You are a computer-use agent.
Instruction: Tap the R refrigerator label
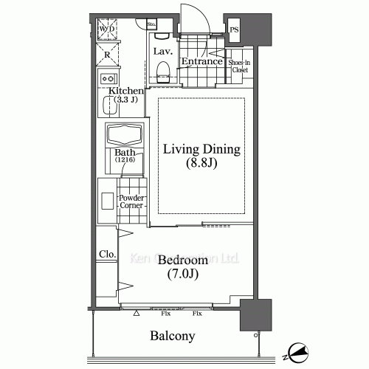tap(108, 55)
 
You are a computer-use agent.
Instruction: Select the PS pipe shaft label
tap(235, 30)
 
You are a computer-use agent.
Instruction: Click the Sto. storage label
tap(151, 24)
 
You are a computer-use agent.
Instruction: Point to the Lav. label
tap(162, 52)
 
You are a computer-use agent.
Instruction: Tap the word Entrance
tap(201, 61)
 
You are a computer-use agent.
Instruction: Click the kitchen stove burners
tap(108, 77)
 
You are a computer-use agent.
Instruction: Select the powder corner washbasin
tap(106, 201)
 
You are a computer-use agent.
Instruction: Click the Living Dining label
tap(201, 150)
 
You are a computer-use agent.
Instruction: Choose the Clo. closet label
tap(106, 255)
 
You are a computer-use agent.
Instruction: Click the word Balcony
tap(172, 336)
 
